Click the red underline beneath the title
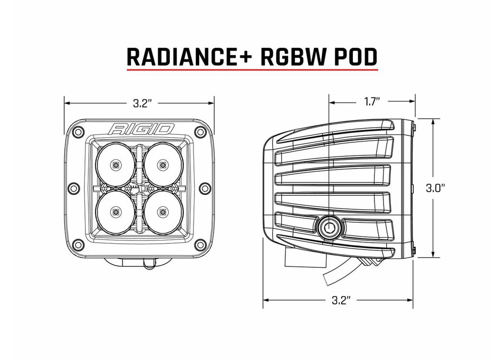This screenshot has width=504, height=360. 252,70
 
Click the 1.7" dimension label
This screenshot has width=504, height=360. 372,102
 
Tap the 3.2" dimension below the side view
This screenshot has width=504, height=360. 340,301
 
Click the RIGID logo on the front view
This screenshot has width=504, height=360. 141,129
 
